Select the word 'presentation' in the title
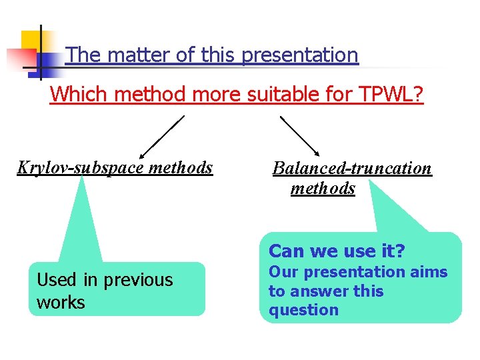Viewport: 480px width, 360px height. click(300, 55)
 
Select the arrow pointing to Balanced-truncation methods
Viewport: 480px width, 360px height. click(300, 136)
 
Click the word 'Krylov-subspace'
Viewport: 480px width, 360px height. click(80, 167)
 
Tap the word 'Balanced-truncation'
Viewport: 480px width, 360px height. click(352, 168)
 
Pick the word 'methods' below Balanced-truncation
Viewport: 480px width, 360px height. click(323, 189)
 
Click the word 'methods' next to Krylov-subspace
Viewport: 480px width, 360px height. click(181, 167)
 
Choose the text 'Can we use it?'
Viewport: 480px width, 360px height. click(337, 251)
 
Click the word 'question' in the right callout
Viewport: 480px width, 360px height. click(303, 310)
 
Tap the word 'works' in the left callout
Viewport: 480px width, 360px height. click(61, 302)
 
